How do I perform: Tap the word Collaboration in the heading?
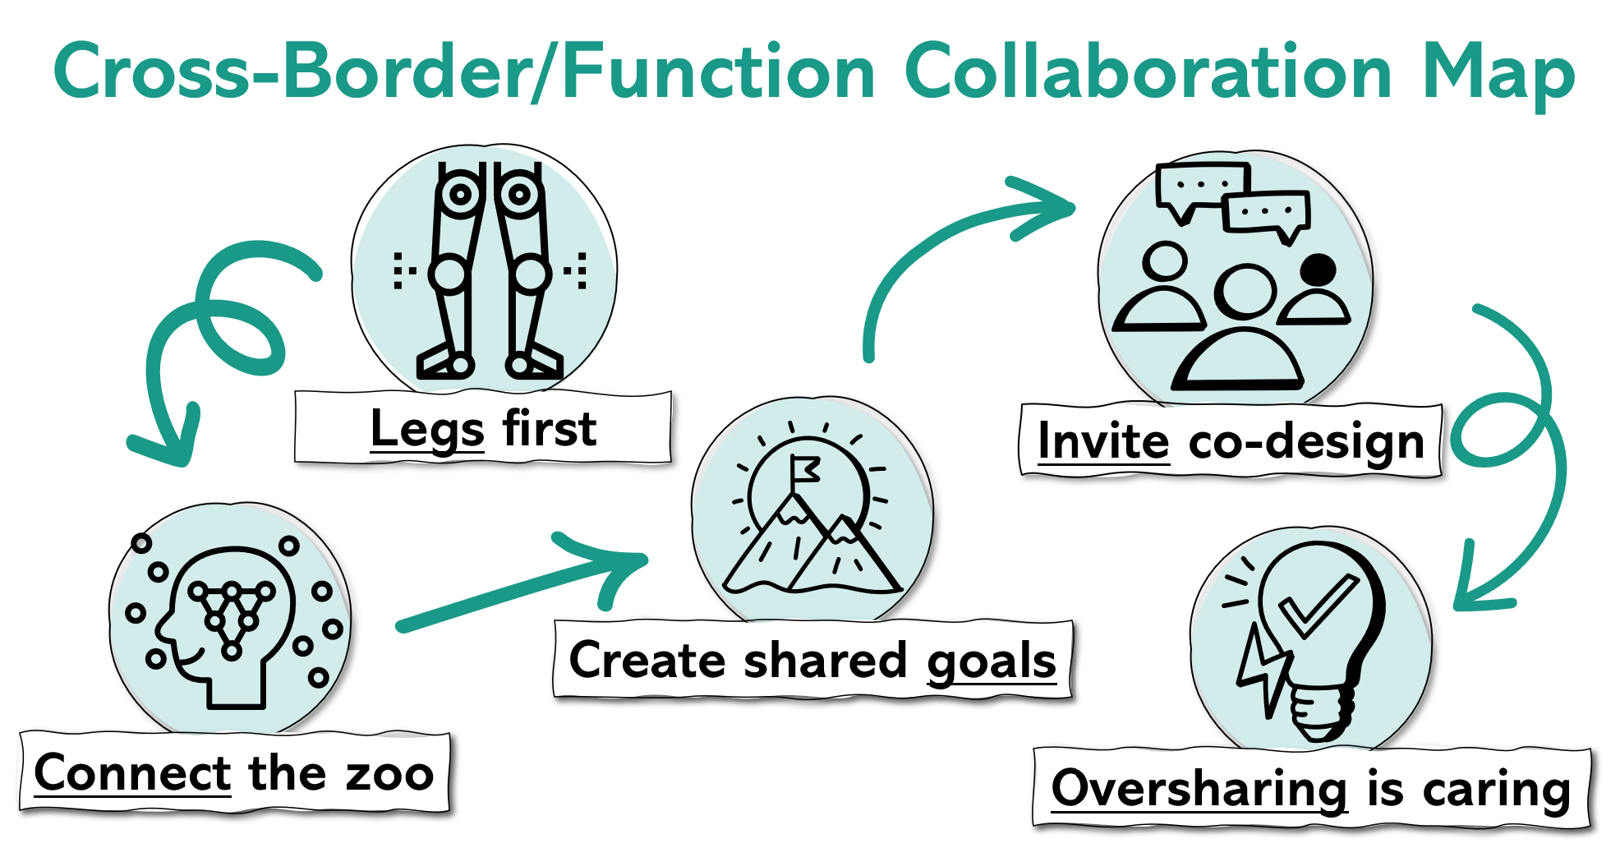coord(1148,72)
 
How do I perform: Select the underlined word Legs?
coord(426,429)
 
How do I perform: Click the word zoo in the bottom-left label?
coord(389,773)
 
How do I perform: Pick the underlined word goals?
coord(991,661)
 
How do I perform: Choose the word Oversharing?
coord(1199,788)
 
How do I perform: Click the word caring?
coord(1496,790)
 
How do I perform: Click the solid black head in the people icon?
coord(1319,270)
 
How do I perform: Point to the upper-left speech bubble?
coord(1201,187)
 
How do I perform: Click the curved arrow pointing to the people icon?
coord(945,247)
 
